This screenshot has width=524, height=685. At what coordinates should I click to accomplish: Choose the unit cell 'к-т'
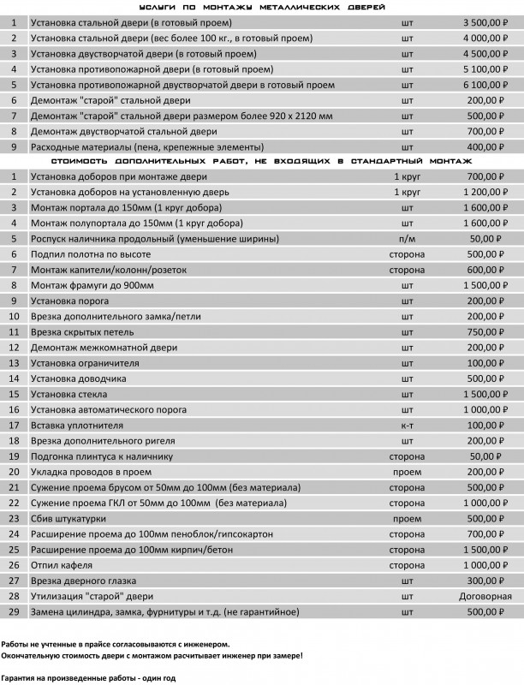(407, 425)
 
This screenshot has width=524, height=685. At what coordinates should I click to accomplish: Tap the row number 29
(14, 611)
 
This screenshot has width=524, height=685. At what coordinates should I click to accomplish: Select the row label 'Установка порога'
(69, 301)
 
